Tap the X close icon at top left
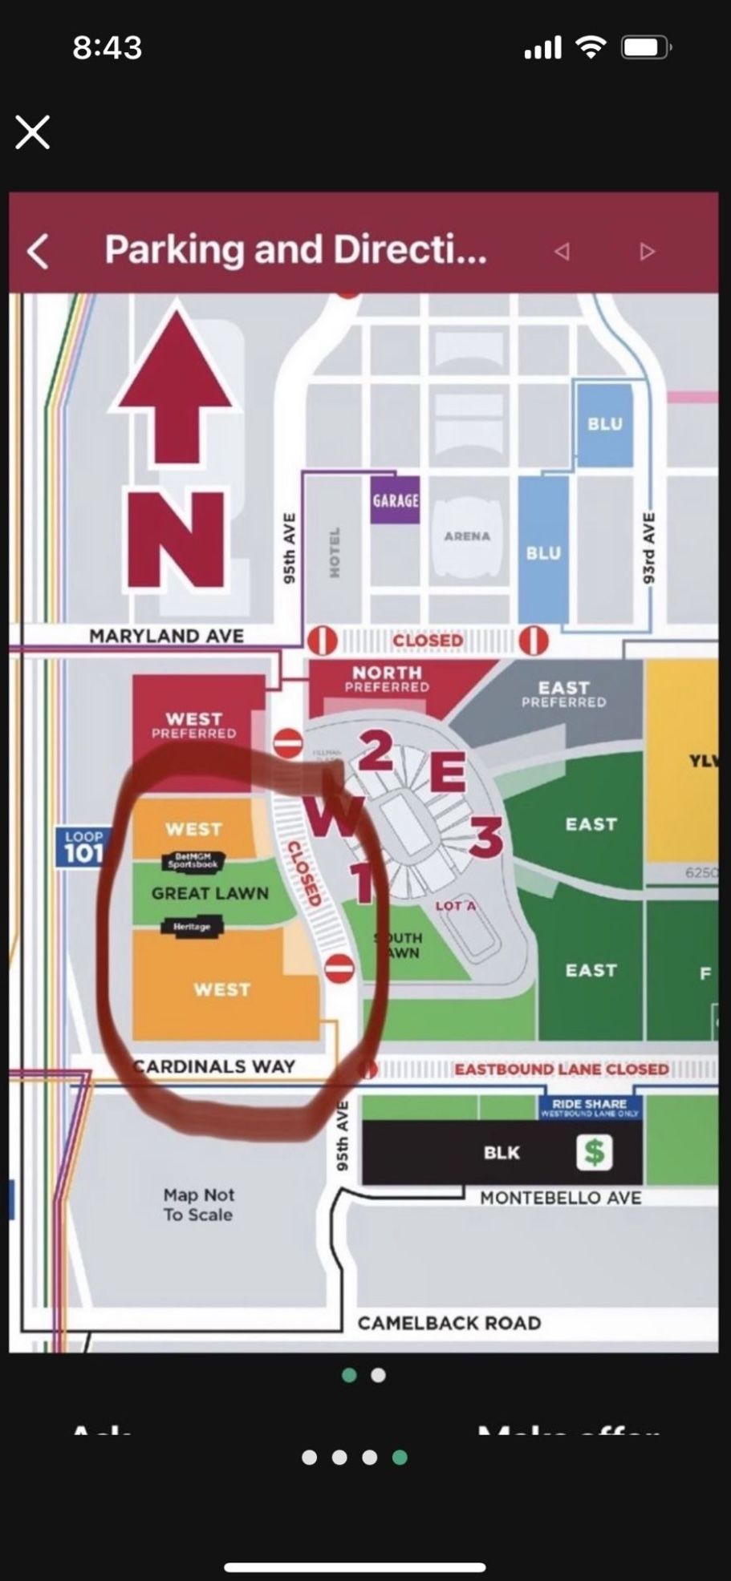33,132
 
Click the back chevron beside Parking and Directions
38,251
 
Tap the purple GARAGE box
395,500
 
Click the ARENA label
467,536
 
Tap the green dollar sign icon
594,1153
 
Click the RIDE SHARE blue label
589,1106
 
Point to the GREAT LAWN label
210,893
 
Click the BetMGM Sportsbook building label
193,861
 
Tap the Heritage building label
192,927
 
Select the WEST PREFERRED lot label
193,725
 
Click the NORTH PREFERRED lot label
387,678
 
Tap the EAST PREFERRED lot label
563,693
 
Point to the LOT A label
456,906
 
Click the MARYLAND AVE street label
166,636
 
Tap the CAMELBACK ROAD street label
449,1323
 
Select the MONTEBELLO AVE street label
560,1198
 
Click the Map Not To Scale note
198,1204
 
